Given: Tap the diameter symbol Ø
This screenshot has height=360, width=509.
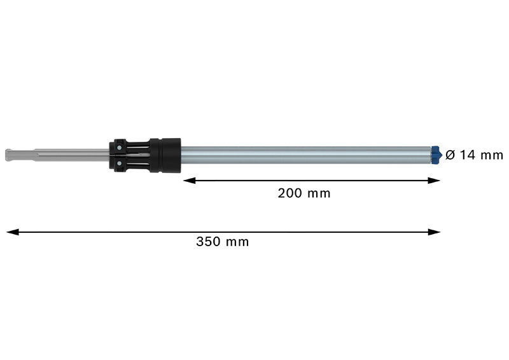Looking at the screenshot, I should (x=450, y=155).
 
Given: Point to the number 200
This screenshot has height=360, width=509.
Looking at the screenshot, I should (x=289, y=193).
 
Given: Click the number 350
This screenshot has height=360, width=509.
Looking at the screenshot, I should (x=208, y=242).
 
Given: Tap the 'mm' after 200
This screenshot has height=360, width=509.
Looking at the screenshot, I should (x=319, y=193).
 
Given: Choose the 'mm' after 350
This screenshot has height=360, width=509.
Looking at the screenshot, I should (x=238, y=242).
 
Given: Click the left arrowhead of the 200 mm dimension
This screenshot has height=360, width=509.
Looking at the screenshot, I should (x=188, y=181).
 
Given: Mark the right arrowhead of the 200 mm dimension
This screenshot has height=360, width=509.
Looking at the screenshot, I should (x=436, y=181).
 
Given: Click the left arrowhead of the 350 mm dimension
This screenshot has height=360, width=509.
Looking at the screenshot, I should (x=11, y=232).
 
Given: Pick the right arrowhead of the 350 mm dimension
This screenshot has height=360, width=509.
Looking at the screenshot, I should (x=436, y=232).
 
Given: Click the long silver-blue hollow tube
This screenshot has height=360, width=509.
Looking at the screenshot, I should (x=305, y=155).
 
